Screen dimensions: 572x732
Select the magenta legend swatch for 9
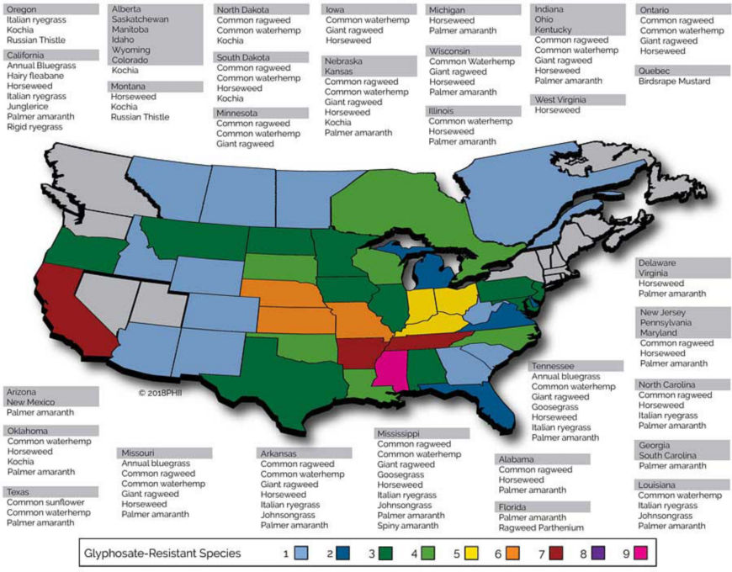(642, 553)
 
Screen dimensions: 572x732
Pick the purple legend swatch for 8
(600, 553)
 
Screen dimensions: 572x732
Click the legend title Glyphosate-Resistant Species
(163, 553)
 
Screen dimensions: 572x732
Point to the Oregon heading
(23, 8)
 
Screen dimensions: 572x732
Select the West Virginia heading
(568, 99)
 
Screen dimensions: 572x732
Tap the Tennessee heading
(553, 367)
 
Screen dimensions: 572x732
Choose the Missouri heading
(140, 453)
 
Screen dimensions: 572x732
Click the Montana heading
(129, 87)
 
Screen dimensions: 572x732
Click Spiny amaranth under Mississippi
(408, 526)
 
